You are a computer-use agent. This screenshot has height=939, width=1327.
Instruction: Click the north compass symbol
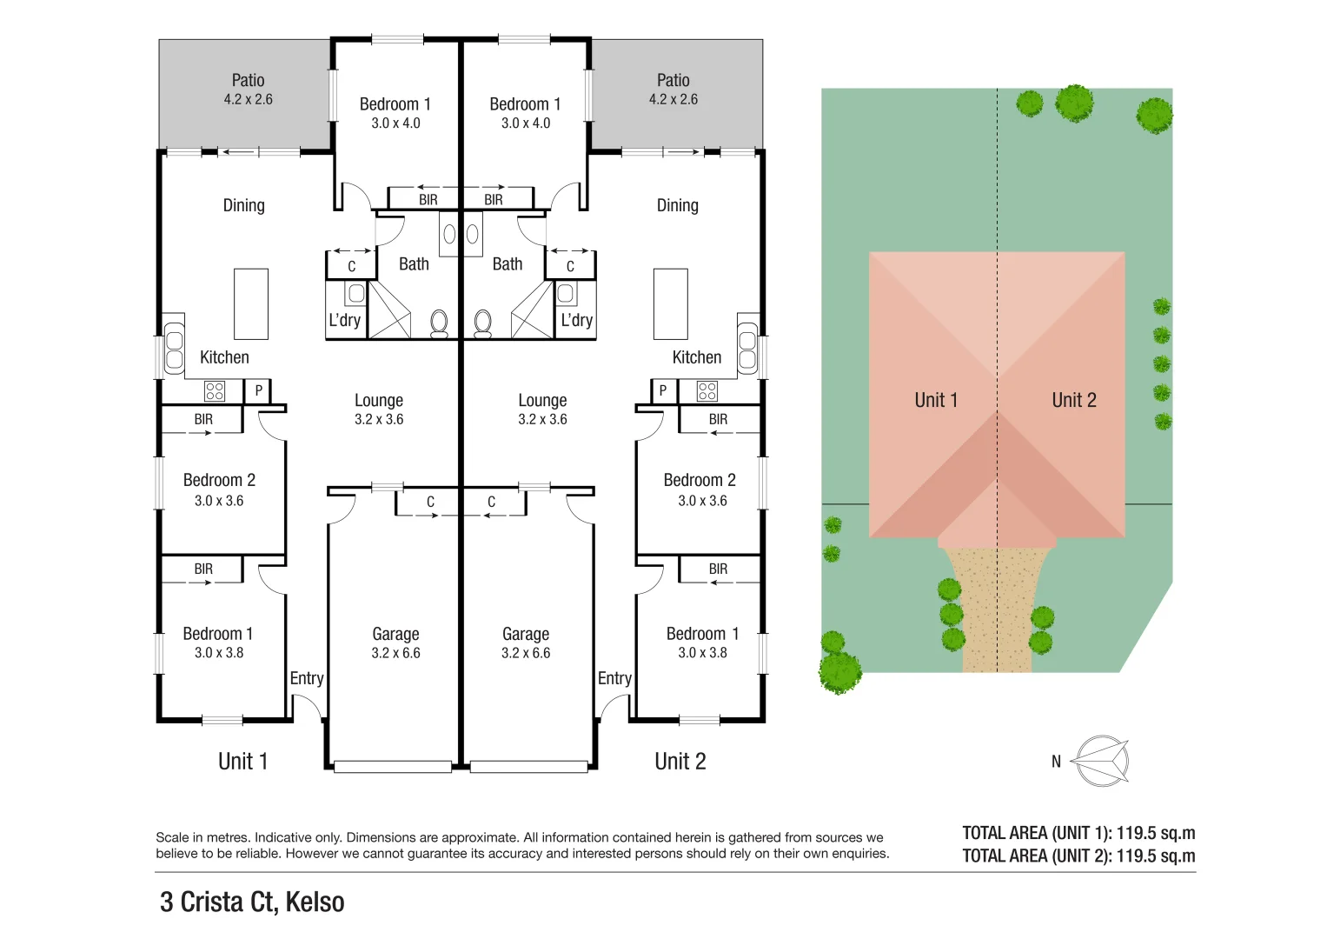(x=1101, y=761)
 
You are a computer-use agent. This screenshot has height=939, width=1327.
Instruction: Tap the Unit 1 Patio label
(x=248, y=81)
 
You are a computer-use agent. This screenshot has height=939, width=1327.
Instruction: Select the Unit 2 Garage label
(x=526, y=634)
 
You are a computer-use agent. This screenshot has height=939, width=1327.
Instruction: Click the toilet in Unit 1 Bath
(x=439, y=323)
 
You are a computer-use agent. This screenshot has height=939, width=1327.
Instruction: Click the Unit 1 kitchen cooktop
(x=215, y=391)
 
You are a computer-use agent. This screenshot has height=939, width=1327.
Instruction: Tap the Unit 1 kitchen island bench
(x=251, y=303)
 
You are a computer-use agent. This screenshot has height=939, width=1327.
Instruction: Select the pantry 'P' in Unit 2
(x=663, y=391)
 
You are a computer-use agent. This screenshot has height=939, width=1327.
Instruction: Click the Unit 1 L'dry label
(x=344, y=320)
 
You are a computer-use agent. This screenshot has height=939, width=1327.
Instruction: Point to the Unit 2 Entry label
(x=614, y=678)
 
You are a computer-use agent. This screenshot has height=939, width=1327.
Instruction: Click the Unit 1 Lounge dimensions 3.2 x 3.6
(x=379, y=419)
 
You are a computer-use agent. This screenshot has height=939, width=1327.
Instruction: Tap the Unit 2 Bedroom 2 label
(x=700, y=480)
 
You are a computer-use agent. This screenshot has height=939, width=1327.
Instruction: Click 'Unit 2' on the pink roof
(x=1074, y=400)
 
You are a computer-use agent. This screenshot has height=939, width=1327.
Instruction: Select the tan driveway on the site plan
(x=997, y=617)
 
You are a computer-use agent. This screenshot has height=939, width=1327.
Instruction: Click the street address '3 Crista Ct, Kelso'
(x=252, y=902)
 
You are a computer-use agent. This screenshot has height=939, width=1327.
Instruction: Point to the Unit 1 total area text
(x=1078, y=833)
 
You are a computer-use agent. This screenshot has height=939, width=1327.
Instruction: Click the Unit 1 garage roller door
(x=393, y=767)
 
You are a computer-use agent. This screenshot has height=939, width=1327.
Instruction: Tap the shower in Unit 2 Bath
(x=532, y=311)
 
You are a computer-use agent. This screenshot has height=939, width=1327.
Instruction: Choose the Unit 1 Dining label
(x=243, y=205)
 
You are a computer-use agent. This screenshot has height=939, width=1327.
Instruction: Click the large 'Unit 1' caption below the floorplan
(x=242, y=762)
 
